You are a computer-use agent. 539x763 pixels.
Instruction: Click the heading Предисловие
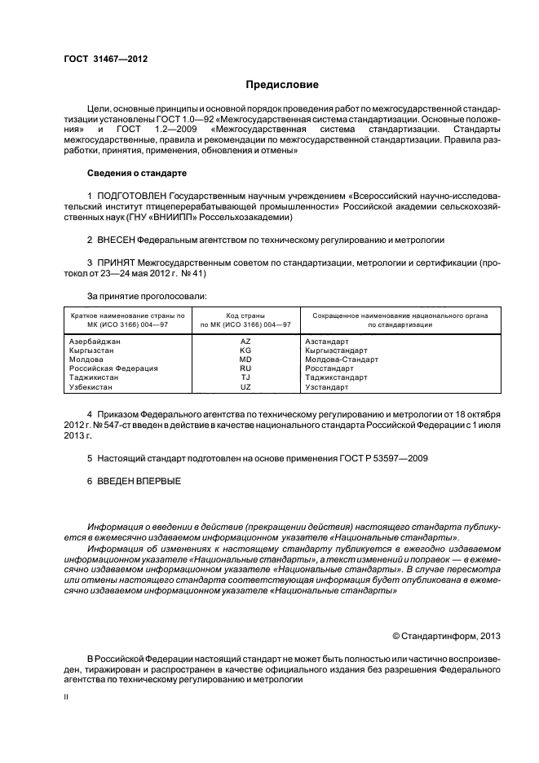pyautogui.click(x=283, y=85)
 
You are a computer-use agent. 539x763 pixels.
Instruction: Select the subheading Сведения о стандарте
pyautogui.click(x=137, y=174)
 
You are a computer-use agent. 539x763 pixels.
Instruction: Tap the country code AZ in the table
pyautogui.click(x=245, y=342)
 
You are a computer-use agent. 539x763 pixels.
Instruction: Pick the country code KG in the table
pyautogui.click(x=245, y=351)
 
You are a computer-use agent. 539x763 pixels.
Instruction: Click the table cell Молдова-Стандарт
pyautogui.click(x=342, y=359)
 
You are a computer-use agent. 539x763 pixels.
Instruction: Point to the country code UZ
pyautogui.click(x=245, y=386)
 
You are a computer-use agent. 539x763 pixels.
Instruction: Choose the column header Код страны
pyautogui.click(x=245, y=315)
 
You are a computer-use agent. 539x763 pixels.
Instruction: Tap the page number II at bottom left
pyautogui.click(x=67, y=697)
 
